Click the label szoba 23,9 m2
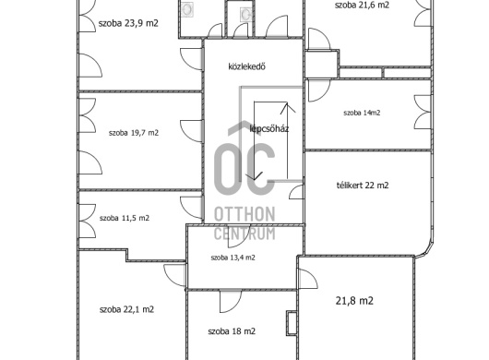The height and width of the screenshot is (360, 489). tap(128, 23)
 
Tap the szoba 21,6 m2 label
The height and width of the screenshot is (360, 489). tap(362, 5)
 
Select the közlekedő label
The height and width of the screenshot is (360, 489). tap(246, 66)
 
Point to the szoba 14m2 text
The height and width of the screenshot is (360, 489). tap(362, 113)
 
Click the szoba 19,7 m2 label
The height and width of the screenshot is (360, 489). tap(134, 133)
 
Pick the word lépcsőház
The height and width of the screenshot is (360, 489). tap(269, 128)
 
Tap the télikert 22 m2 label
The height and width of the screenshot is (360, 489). tap(363, 186)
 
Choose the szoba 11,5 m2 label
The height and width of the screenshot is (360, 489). tap(125, 218)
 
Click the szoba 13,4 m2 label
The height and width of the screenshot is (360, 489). tap(233, 258)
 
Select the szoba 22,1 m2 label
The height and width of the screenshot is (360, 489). tap(126, 309)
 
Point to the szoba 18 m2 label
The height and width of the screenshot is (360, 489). tap(232, 331)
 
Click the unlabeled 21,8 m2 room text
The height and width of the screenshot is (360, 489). tap(354, 301)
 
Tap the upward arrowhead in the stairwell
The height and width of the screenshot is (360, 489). tap(288, 108)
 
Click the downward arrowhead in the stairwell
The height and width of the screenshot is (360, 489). tap(254, 176)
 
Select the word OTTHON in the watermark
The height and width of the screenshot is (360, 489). tap(244, 214)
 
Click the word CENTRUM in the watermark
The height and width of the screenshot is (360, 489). tap(244, 234)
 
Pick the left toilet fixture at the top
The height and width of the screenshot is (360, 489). tap(187, 9)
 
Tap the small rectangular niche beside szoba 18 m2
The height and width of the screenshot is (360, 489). tap(292, 323)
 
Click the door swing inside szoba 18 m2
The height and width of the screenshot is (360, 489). tap(231, 301)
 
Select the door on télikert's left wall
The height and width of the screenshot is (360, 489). tap(296, 192)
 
